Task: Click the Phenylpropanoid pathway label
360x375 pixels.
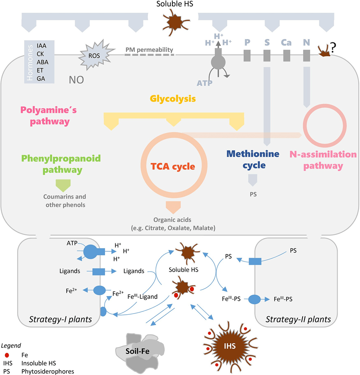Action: pyautogui.click(x=61, y=164)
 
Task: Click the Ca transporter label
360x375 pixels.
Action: pyautogui.click(x=286, y=42)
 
